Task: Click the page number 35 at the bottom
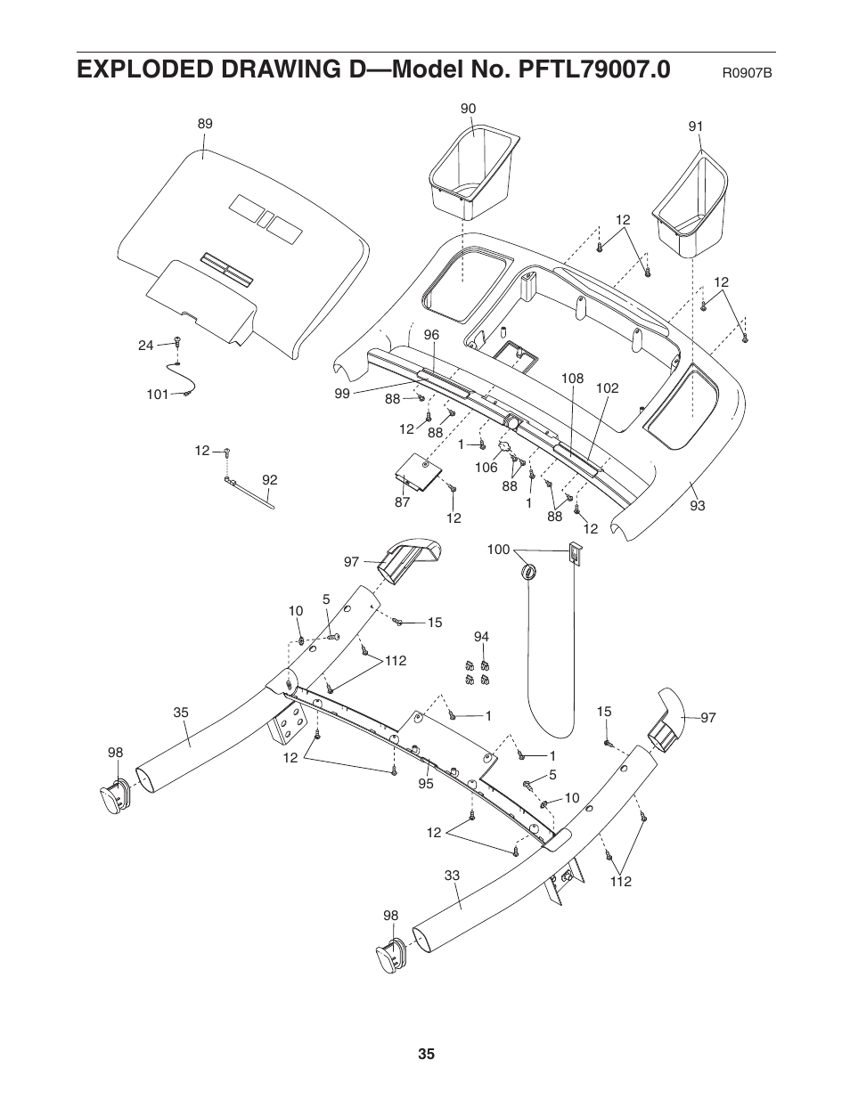pyautogui.click(x=426, y=1055)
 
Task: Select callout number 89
pyautogui.click(x=205, y=125)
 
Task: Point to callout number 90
pyautogui.click(x=468, y=109)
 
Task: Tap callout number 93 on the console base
pyautogui.click(x=697, y=506)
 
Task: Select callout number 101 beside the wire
pyautogui.click(x=158, y=394)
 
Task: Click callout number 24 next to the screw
pyautogui.click(x=146, y=345)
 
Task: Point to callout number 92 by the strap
pyautogui.click(x=269, y=480)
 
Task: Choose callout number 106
pyautogui.click(x=486, y=468)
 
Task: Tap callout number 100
pyautogui.click(x=498, y=550)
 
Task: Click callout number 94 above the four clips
pyautogui.click(x=481, y=637)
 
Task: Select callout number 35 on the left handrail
pyautogui.click(x=181, y=713)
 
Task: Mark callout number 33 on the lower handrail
pyautogui.click(x=452, y=876)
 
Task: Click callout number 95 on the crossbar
pyautogui.click(x=425, y=784)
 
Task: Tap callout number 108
pyautogui.click(x=571, y=379)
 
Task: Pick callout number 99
pyautogui.click(x=342, y=393)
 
